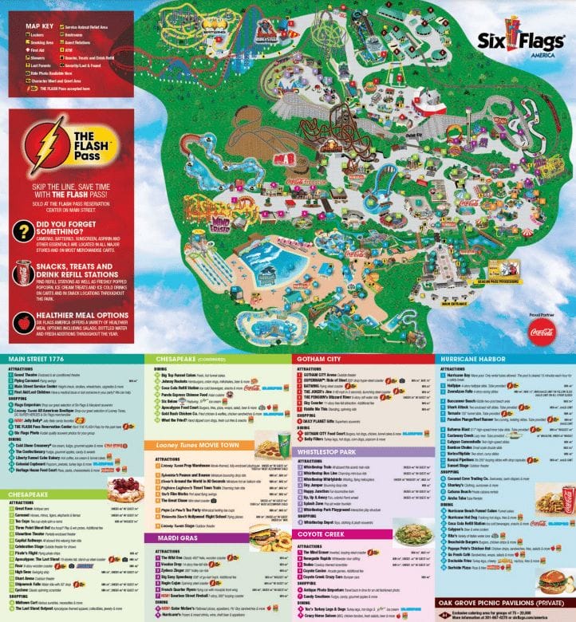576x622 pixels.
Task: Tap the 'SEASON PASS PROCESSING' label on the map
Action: pos(499,281)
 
